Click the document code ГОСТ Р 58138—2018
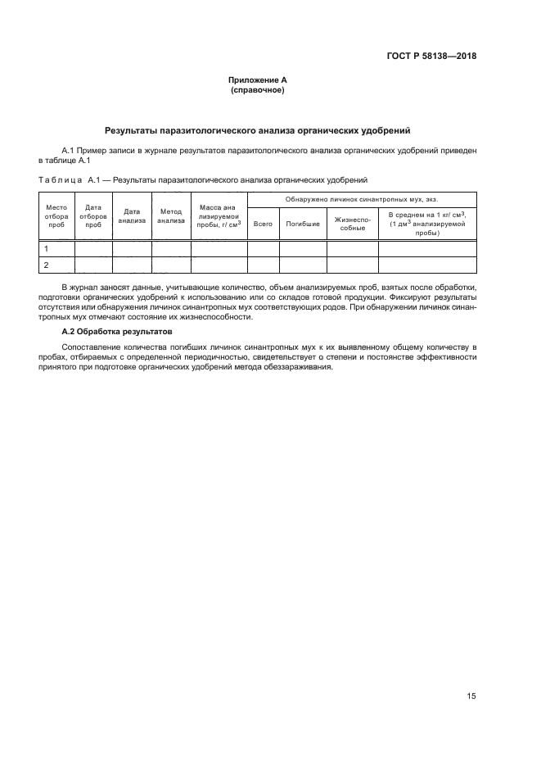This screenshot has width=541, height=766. (432, 57)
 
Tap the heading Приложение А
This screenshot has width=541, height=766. (258, 79)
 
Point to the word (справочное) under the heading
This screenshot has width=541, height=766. (258, 90)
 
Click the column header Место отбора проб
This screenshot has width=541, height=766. (56, 215)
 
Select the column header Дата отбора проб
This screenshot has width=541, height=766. (93, 215)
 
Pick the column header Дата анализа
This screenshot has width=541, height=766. (132, 215)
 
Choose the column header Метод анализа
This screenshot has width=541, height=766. (171, 215)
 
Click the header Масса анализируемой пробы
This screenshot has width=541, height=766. (219, 215)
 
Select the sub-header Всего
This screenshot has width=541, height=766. (264, 224)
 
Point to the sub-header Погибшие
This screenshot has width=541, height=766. (303, 224)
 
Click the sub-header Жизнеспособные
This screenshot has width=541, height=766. (353, 224)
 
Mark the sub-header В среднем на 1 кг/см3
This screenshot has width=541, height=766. (427, 224)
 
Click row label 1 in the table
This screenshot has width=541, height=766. (46, 248)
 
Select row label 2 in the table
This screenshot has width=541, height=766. (46, 265)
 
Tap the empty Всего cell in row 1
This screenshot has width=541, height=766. (264, 248)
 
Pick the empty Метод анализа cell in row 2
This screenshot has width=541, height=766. (171, 265)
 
